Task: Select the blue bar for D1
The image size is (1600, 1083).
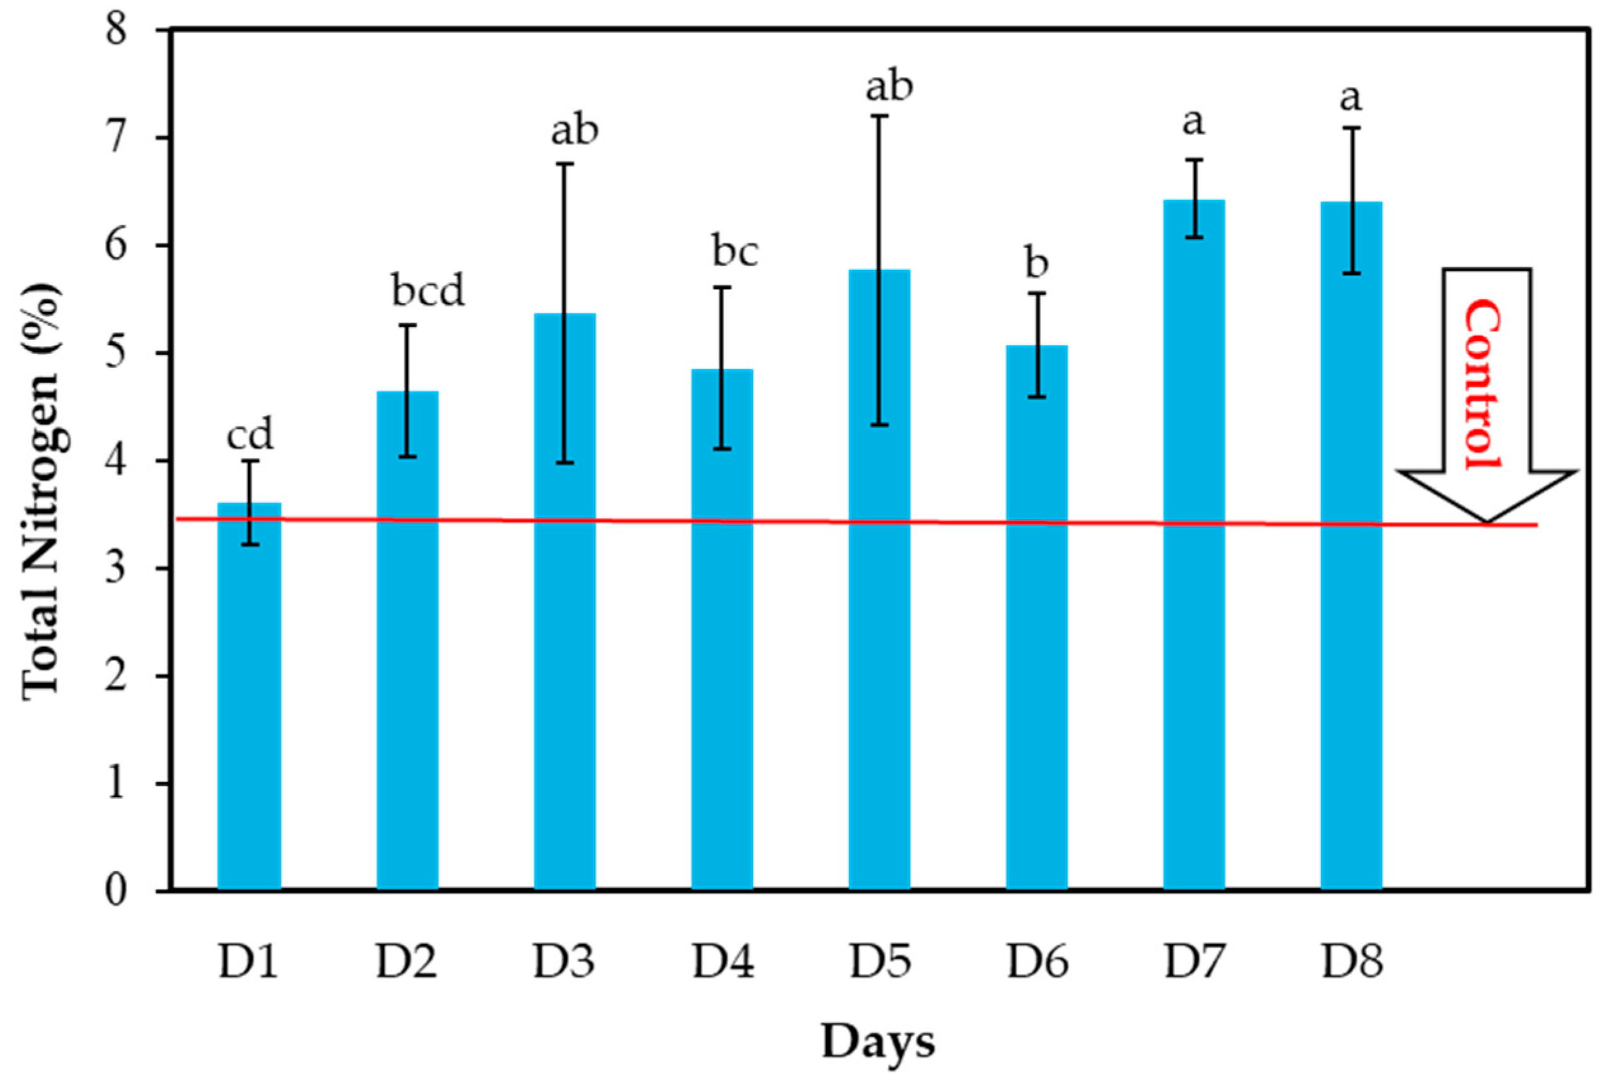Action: (249, 695)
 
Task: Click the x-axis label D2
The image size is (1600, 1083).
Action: (406, 962)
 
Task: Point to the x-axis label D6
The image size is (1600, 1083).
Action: (1037, 962)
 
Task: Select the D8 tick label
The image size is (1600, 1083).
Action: (1351, 962)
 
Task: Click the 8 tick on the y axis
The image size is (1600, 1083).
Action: (117, 31)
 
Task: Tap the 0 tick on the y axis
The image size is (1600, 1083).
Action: (117, 891)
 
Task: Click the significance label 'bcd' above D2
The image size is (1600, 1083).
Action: (428, 291)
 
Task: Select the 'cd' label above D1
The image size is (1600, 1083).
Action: (250, 435)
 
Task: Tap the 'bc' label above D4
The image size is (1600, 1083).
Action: (735, 252)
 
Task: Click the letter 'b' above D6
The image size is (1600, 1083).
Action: (1037, 262)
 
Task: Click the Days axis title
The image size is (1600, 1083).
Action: (878, 1042)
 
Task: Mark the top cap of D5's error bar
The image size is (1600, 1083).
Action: (879, 116)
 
